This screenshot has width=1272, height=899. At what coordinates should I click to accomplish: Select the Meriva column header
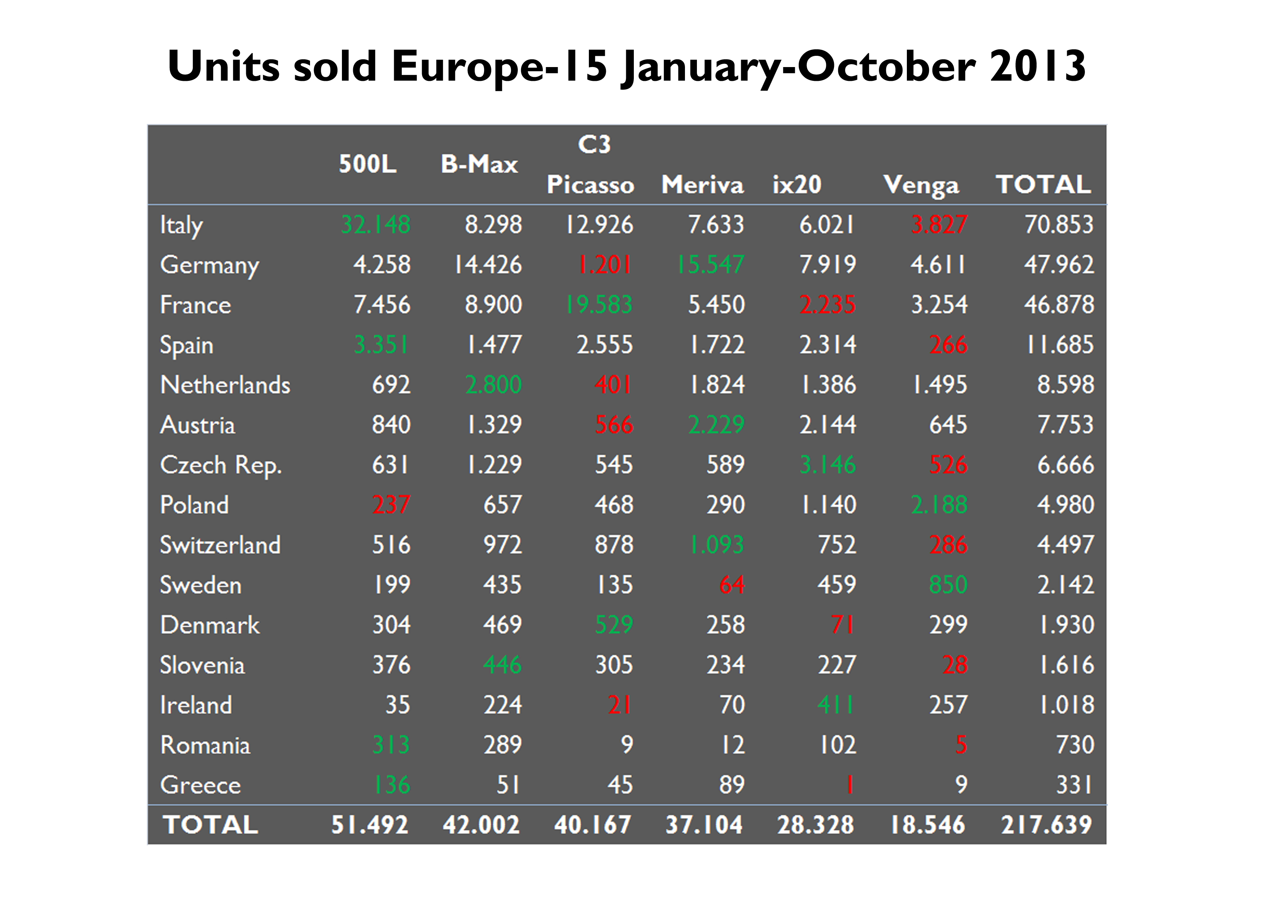click(702, 185)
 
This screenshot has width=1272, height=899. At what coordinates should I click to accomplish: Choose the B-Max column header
click(479, 165)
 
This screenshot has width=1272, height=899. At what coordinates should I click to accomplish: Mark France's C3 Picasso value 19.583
click(599, 304)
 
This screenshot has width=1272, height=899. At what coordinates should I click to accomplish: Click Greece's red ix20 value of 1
click(849, 785)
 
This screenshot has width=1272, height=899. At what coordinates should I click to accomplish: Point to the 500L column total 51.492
click(369, 824)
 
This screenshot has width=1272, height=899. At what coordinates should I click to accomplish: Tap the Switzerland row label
click(220, 545)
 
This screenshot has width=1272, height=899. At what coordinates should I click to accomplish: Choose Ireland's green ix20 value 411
click(835, 705)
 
